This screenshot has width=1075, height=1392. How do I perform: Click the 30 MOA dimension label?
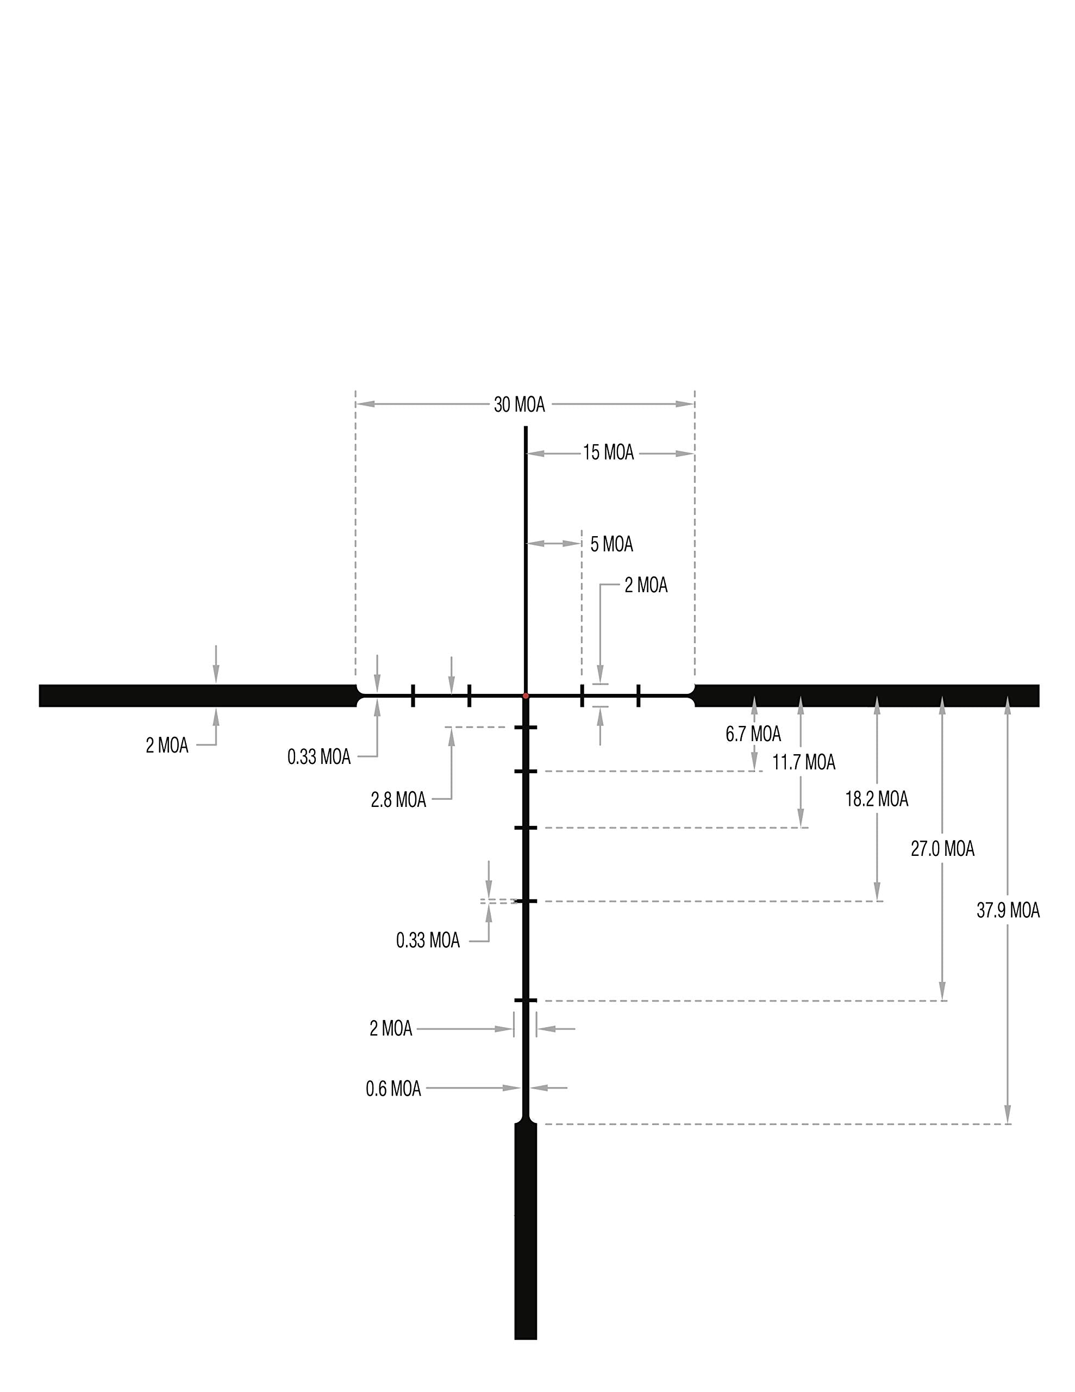[520, 405]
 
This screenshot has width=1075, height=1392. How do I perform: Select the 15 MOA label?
[609, 452]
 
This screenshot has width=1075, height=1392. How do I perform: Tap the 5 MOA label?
[612, 544]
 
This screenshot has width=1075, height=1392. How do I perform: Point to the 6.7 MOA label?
[753, 734]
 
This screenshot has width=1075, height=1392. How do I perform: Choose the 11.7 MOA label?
[804, 762]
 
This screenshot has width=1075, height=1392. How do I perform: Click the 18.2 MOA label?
[877, 799]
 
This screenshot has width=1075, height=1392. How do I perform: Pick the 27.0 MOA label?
[942, 849]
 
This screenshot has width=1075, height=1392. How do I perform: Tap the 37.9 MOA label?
[1008, 911]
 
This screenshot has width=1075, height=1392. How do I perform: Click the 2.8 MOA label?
[398, 800]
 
